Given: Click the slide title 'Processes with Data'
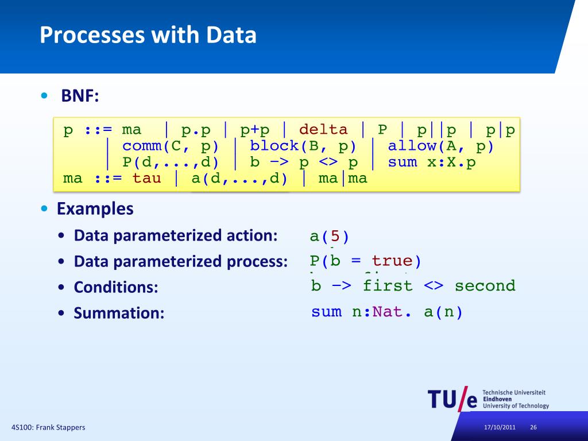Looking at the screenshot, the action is pos(148,36).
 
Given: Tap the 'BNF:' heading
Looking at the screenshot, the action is pos(80,96).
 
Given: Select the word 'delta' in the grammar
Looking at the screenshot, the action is pos(323,130).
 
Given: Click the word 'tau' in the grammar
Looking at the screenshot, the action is pos(146,178).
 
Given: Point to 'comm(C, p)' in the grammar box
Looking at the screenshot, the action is pos(171,146).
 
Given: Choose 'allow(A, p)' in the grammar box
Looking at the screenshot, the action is pos(440,146).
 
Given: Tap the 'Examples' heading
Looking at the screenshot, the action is pos(95,208).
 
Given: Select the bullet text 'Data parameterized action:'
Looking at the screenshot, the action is pos(176,235).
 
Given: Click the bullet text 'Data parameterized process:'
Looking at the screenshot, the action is pos(180,262).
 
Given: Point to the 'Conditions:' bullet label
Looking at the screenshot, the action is pos(115,287).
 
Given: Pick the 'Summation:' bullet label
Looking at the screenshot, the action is pos(119,314).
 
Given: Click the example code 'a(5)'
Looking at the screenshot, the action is pos(329,236).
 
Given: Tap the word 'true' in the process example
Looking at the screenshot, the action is pos(392,261).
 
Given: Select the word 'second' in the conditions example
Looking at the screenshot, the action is pos(485,285).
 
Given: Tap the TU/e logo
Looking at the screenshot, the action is pos(452,399).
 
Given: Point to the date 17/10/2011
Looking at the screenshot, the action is pos(499,428).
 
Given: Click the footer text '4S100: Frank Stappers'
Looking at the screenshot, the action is pos(48,428).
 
